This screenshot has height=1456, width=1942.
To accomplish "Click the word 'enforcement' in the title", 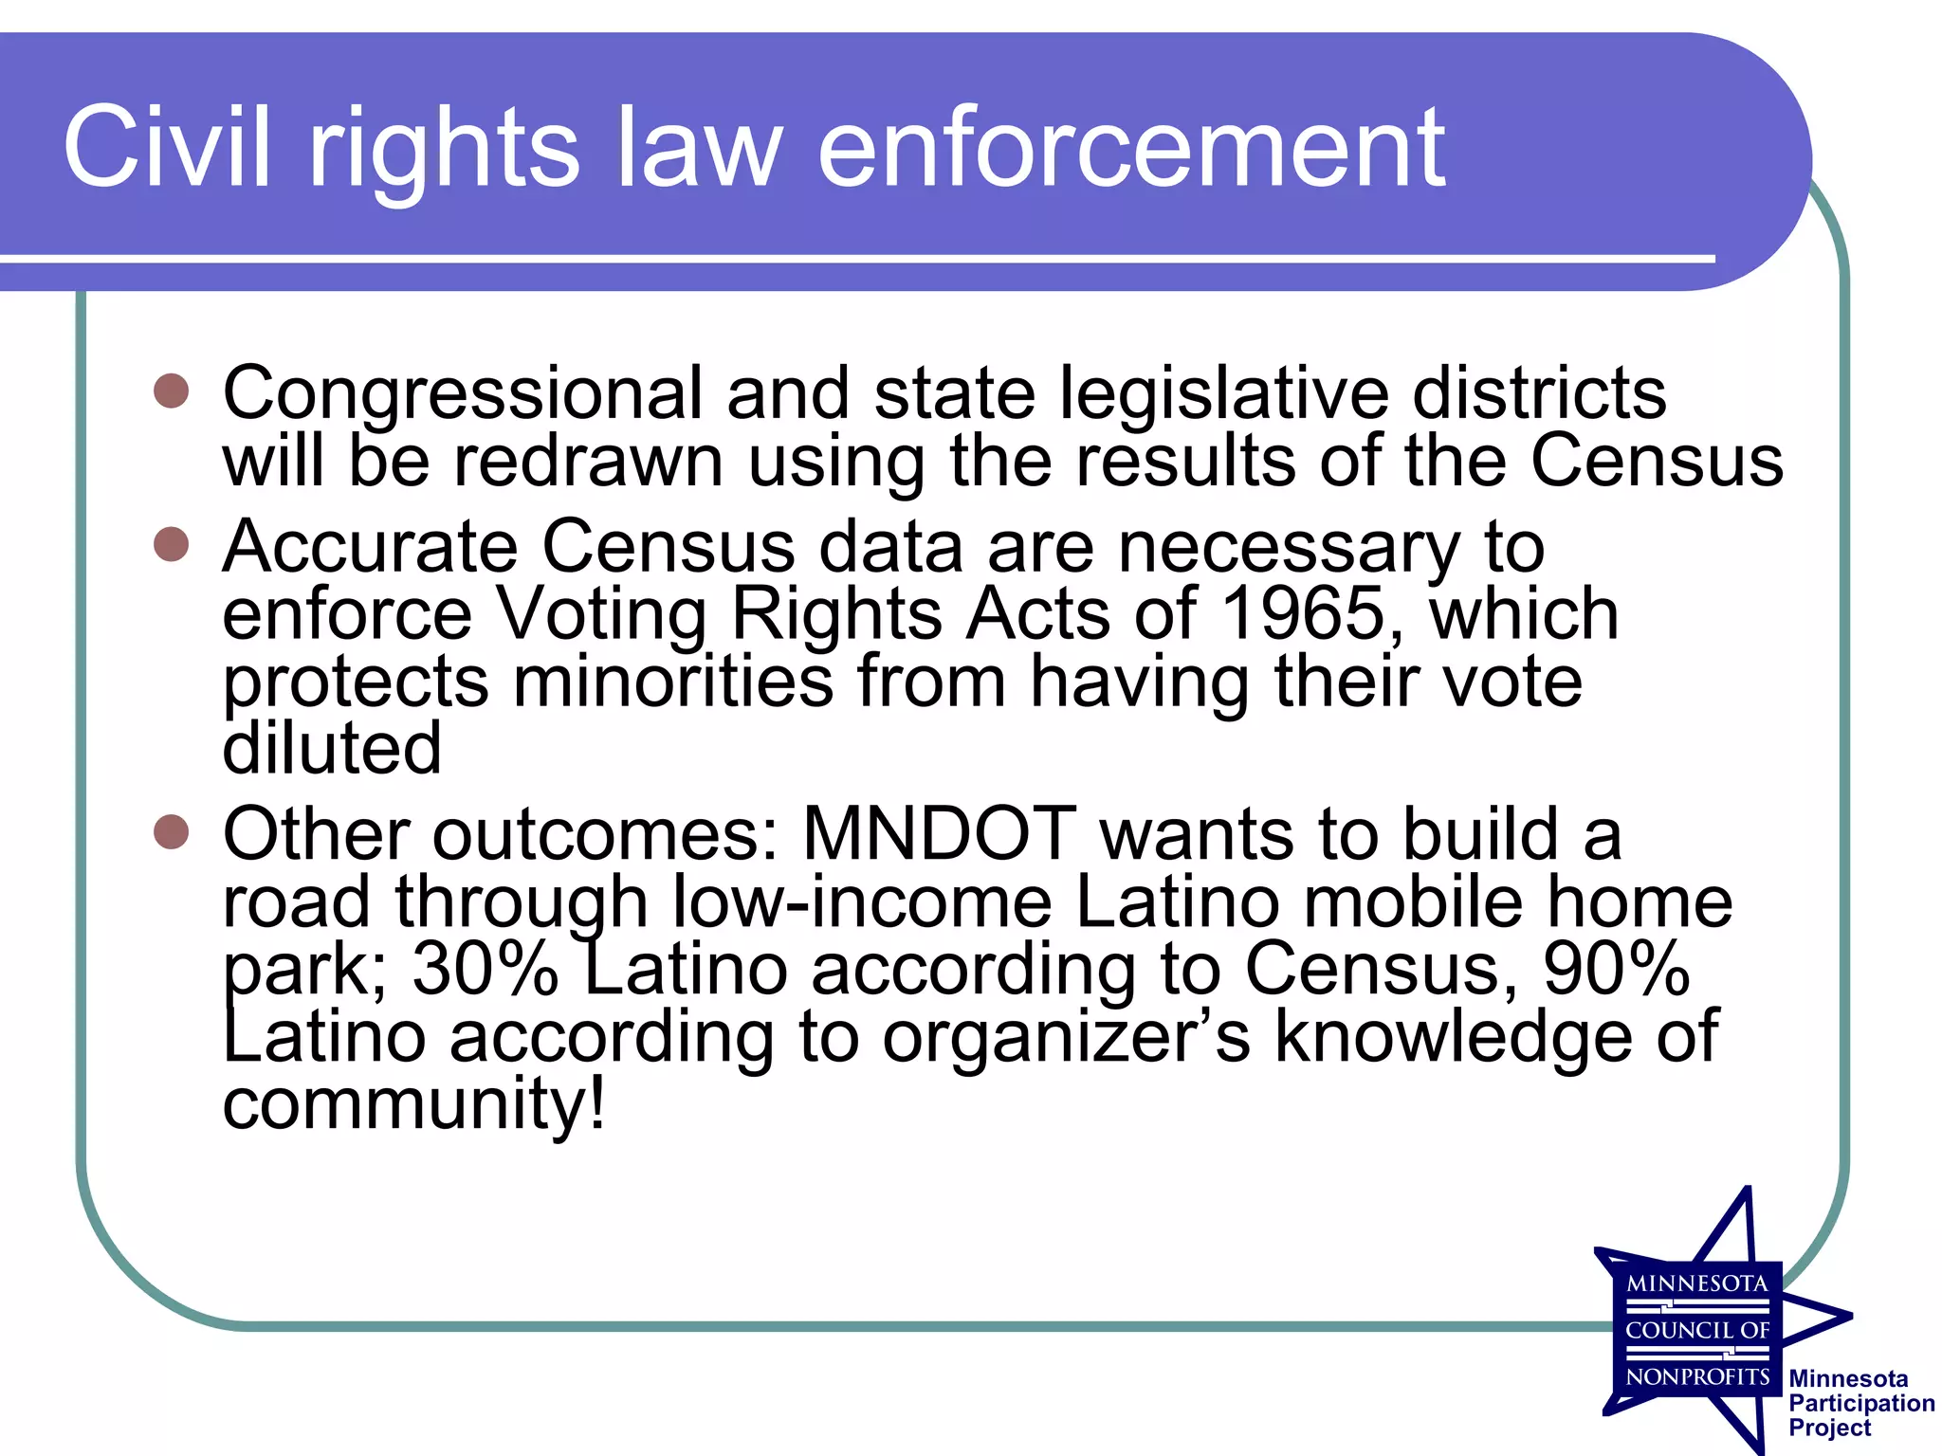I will pos(1130,149).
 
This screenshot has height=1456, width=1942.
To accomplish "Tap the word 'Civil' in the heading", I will pos(167,149).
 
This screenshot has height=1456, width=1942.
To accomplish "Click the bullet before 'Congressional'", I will pos(172,391).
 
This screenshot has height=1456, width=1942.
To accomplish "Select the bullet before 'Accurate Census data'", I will pos(172,544).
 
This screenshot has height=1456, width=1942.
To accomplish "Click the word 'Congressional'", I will pos(463,394).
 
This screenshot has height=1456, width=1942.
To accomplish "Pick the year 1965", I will pos(1303,613).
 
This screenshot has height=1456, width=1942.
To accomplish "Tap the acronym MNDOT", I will pos(939,834).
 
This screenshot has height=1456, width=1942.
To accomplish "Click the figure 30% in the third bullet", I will pos(485,969).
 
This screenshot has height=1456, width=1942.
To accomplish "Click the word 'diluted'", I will pos(332,748).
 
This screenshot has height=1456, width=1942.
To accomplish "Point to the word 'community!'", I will pos(413,1104).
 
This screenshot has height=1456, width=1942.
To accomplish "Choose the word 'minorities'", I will pos(672,682).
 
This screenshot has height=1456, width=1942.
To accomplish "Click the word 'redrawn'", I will pos(588,462).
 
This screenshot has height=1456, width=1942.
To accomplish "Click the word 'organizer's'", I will pos(1066,1037).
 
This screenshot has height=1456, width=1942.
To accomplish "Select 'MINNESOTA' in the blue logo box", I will pos(1696,1284).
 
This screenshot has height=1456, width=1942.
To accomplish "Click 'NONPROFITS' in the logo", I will pos(1697,1376).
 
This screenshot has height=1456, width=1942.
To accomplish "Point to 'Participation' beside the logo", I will pos(1860,1403).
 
